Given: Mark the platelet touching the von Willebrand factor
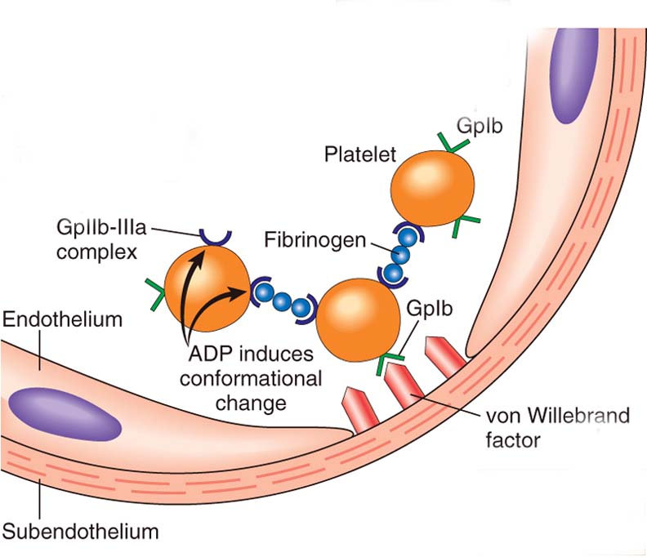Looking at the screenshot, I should click(x=359, y=316).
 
